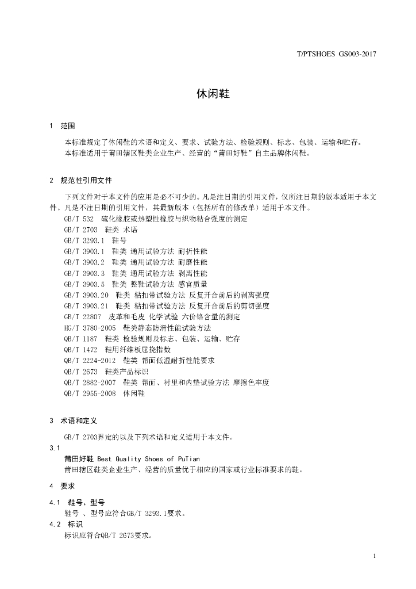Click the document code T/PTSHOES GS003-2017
[x=336, y=55]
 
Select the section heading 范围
[x=68, y=126]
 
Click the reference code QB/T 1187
[x=81, y=338]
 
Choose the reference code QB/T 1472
[x=81, y=349]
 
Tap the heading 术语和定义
[x=79, y=421]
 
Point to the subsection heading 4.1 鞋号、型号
[x=77, y=502]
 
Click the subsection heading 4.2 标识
[x=66, y=524]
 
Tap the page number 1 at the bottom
[x=374, y=556]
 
